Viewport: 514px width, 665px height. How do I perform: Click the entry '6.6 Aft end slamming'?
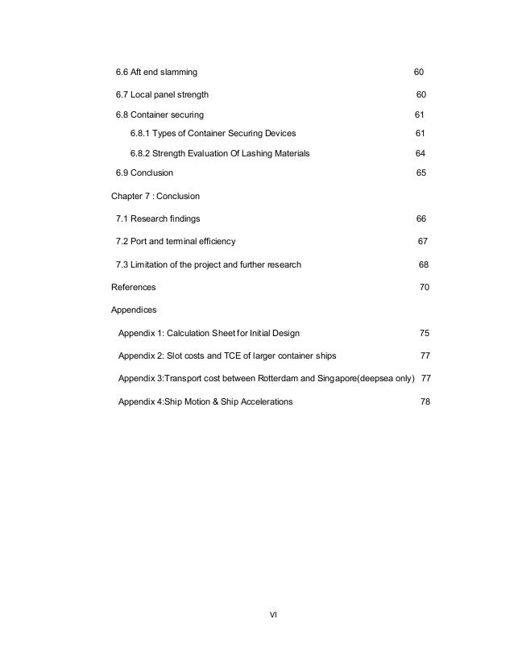coord(156,73)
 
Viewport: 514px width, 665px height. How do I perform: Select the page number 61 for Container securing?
coord(420,114)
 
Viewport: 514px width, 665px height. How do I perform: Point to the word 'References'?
coord(134,287)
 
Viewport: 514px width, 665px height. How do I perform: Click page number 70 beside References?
coord(425,287)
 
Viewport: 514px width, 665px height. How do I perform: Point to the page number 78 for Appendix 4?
coord(425,401)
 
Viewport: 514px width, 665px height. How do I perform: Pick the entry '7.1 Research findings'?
coord(159,218)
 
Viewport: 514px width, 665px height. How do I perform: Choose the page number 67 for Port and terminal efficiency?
coord(422,242)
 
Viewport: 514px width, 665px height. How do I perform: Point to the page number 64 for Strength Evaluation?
coord(420,153)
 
